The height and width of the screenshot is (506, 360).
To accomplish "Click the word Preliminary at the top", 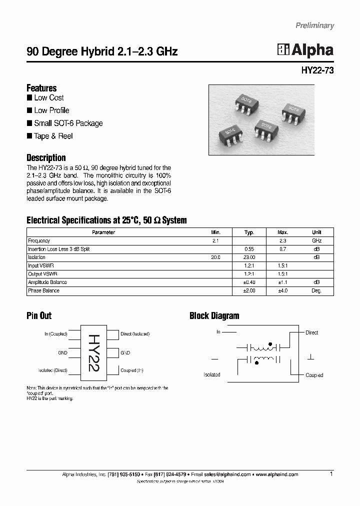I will point(314,25).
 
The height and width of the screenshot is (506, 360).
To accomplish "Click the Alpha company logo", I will point(305,49).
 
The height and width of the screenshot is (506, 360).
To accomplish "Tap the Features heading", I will point(41,88).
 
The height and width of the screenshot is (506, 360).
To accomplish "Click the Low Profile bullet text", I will point(51,110).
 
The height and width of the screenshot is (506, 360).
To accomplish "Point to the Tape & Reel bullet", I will point(53,136).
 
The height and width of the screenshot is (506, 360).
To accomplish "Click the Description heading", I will point(46,157).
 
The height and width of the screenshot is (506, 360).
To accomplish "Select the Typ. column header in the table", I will point(249,232).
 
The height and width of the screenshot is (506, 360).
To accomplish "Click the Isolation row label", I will point(37,257).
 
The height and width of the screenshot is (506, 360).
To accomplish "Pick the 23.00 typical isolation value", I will point(249,257).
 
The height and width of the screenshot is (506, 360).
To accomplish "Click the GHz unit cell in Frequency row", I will point(316,241).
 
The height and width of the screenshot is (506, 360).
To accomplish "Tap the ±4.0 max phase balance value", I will point(283,290).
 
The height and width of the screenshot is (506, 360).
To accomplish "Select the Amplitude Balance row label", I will point(47,282).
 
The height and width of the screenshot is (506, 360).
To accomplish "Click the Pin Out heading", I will point(39,315).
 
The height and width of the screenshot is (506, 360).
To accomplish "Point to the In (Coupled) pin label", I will point(55,334).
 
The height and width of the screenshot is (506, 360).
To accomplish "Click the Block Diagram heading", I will point(214,315).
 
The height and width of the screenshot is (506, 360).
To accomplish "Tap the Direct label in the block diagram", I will point(311,332).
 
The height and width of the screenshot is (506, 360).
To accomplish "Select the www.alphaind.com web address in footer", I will point(277,474).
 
